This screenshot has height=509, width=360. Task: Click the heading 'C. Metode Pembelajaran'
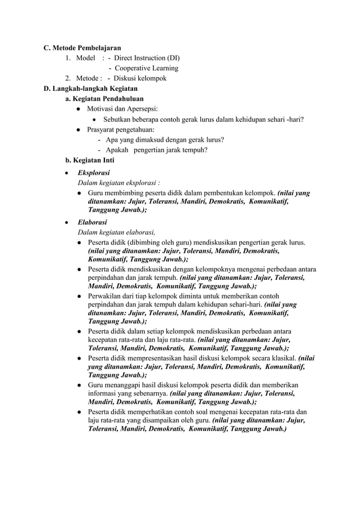pyautogui.click(x=82, y=48)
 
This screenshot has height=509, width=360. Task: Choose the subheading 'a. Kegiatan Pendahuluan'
pyautogui.click(x=104, y=99)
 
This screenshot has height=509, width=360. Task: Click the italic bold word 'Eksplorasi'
pyautogui.click(x=94, y=173)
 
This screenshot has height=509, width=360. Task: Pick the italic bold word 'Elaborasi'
pyautogui.click(x=93, y=222)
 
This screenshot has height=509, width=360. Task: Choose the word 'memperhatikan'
pyautogui.click(x=148, y=411)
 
